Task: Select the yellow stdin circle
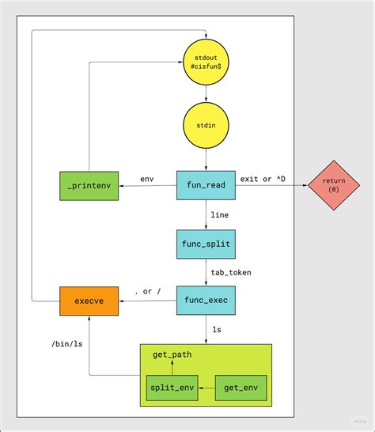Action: coord(206,126)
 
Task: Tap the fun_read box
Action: coord(206,186)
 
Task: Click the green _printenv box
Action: coord(89,186)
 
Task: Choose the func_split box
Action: coord(206,243)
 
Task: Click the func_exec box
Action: coord(206,301)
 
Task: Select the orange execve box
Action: coord(89,301)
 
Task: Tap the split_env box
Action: coord(172,388)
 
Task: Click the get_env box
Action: coord(241,388)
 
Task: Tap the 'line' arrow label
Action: coord(221,214)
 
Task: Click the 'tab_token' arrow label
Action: coord(231,272)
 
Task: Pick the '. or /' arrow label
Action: coord(147,292)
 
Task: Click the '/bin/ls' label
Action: coord(66,344)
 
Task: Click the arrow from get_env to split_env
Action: coord(206,388)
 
